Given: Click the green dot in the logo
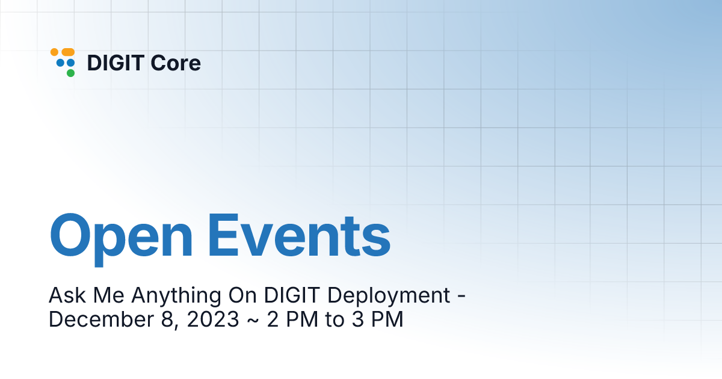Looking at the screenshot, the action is coord(70,73).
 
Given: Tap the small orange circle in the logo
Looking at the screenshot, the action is coord(55,52).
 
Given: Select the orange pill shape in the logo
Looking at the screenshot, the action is coord(68,52).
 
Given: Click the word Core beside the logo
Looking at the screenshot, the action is coord(176,63).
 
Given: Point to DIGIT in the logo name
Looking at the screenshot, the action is coord(116,63).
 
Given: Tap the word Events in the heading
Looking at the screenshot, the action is coord(300,236).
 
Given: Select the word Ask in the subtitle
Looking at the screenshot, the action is coord(67,295).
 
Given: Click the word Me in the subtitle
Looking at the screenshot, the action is coord(109,295).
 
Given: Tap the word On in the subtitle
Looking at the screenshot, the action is coord(242,295).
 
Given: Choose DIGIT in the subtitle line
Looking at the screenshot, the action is coord(292,295).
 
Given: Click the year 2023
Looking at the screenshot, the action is coord(213,319).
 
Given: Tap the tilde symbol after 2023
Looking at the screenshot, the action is coord(253,321).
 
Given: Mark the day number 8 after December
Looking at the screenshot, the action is coord(167,319).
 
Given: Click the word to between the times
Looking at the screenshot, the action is coord(335,319).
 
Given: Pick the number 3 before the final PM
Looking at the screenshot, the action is coord(358,319).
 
